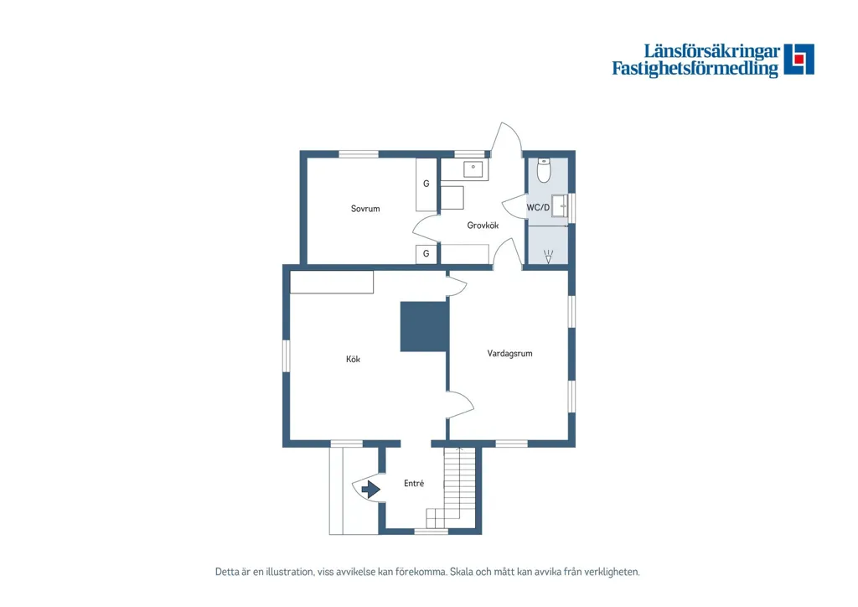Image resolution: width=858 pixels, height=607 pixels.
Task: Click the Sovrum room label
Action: pyautogui.click(x=365, y=209)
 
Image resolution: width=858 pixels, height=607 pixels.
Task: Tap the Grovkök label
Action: pyautogui.click(x=483, y=225)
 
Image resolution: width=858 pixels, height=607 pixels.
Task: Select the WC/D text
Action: pyautogui.click(x=538, y=207)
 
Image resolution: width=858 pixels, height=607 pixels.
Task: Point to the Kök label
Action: pyautogui.click(x=353, y=359)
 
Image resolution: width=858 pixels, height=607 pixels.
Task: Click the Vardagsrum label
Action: pyautogui.click(x=509, y=354)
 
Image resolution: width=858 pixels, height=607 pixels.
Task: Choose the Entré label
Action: pyautogui.click(x=414, y=483)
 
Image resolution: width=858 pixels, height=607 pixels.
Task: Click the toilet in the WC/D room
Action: pyautogui.click(x=543, y=170)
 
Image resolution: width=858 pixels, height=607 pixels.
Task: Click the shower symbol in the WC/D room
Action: pyautogui.click(x=548, y=257)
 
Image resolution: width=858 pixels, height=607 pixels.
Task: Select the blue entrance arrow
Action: pyautogui.click(x=371, y=489)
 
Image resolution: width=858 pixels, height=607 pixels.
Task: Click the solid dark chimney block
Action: pyautogui.click(x=424, y=326)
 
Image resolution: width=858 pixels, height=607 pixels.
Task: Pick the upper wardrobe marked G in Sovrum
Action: pyautogui.click(x=426, y=184)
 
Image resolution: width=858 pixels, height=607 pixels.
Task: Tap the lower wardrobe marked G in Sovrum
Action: pyautogui.click(x=426, y=254)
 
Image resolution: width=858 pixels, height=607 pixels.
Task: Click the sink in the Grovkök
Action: pyautogui.click(x=473, y=169)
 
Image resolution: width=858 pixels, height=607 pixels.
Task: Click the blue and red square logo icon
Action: pyautogui.click(x=799, y=60)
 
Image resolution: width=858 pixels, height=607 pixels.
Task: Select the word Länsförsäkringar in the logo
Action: pyautogui.click(x=712, y=51)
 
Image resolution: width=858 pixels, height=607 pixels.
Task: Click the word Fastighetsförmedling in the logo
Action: pyautogui.click(x=695, y=69)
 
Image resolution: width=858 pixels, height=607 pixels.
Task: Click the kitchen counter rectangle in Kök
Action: pyautogui.click(x=332, y=282)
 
